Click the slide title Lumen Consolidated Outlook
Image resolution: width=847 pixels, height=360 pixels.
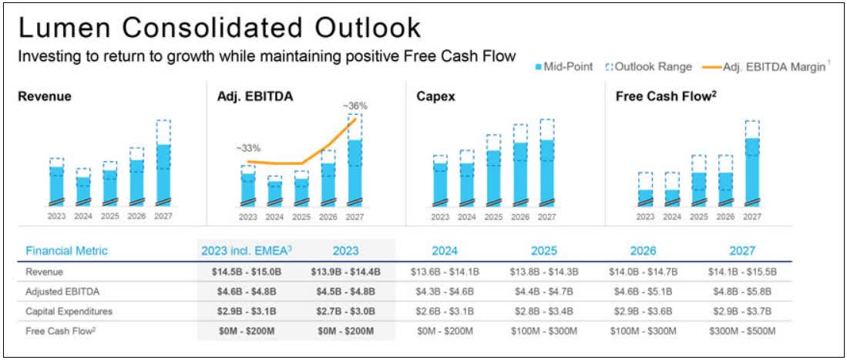click(x=219, y=28)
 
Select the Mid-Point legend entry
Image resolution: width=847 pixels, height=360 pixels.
click(x=564, y=67)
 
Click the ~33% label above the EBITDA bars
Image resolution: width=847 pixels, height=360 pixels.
click(x=248, y=147)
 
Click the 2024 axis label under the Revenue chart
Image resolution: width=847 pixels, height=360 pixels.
click(x=82, y=217)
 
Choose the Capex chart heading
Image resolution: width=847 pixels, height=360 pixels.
click(x=435, y=96)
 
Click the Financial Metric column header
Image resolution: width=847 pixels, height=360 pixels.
click(x=67, y=251)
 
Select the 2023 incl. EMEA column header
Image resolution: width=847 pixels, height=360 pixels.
click(x=246, y=251)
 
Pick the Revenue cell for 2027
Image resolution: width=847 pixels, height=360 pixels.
click(x=742, y=272)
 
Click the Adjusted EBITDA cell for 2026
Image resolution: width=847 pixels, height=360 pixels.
click(x=644, y=292)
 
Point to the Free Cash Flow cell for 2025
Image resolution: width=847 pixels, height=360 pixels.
click(x=543, y=331)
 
